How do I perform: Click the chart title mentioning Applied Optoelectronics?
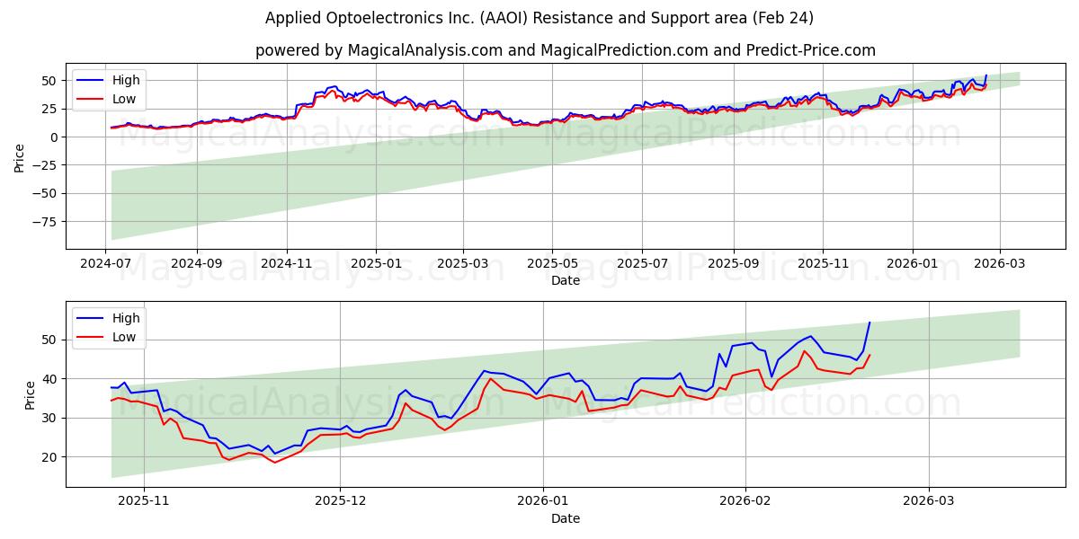(x=539, y=18)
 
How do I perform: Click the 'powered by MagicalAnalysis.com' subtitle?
(x=565, y=50)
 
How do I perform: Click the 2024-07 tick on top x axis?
(x=108, y=263)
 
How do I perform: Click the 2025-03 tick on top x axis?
(x=463, y=263)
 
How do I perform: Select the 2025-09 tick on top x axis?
(x=733, y=263)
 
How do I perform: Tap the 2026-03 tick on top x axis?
(x=1001, y=263)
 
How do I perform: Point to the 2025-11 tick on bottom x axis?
(x=144, y=501)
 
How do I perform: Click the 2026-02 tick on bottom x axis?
(x=746, y=501)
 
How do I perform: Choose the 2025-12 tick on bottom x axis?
(x=341, y=501)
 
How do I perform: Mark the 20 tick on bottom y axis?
(x=50, y=457)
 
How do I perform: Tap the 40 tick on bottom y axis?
(x=50, y=379)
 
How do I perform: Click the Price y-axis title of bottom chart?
(x=31, y=395)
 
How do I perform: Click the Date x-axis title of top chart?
(x=565, y=280)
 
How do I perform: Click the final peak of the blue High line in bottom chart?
(x=869, y=323)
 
